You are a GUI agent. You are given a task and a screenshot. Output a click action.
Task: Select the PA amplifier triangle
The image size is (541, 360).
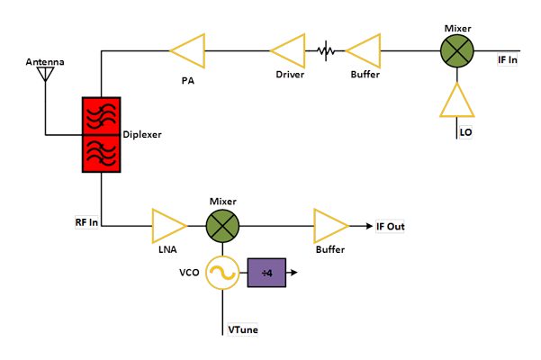point(186,50)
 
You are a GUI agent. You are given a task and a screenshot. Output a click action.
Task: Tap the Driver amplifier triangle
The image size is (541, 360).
point(289,50)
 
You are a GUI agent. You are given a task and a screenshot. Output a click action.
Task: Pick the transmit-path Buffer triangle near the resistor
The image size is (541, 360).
point(365,50)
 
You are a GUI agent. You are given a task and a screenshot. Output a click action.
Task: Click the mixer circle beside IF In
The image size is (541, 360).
point(457,50)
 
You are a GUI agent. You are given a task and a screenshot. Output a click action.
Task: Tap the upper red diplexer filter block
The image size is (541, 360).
point(102,114)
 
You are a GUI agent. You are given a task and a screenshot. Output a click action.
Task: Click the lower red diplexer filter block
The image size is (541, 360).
point(102,153)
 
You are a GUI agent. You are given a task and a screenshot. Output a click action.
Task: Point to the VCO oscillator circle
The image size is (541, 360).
point(221,273)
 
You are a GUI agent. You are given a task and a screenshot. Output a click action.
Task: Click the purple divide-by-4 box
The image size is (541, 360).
point(266,273)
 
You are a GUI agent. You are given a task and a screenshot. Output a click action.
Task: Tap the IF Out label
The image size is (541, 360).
point(390,227)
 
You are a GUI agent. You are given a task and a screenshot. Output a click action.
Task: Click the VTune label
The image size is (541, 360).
point(243,330)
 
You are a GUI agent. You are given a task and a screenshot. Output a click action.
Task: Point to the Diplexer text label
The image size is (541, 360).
point(142,134)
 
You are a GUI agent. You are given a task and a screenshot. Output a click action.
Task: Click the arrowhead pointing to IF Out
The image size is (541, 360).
point(368,226)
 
